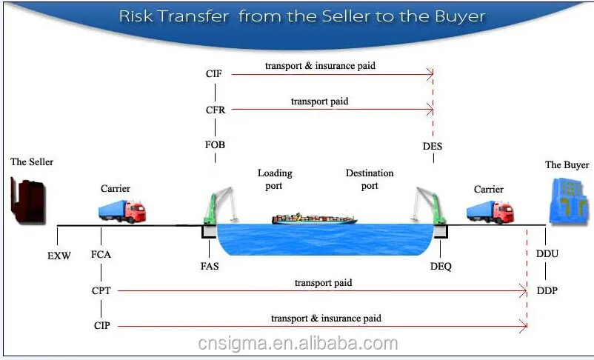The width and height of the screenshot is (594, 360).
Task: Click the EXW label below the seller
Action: pos(59,256)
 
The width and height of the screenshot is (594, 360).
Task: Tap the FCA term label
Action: pos(102,255)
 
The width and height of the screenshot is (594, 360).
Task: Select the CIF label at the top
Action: pos(214,73)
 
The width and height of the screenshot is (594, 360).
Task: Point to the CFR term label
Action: pos(215,110)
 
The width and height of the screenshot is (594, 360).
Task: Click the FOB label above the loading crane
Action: pos(215,146)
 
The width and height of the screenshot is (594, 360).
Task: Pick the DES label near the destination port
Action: pos(433,146)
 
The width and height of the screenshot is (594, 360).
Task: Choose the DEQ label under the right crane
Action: pos(440,265)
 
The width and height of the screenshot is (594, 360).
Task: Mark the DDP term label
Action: pos(547,291)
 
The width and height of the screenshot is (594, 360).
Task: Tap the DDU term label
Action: pos(547,254)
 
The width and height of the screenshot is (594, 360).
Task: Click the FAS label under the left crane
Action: pos(210,265)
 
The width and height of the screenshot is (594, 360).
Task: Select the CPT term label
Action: pos(101,291)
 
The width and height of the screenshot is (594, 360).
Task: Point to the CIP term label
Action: pos(101,325)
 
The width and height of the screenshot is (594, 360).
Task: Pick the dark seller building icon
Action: pos(27,199)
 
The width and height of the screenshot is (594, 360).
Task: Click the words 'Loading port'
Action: pos(275,179)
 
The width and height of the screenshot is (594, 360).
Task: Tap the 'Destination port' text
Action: pos(370,179)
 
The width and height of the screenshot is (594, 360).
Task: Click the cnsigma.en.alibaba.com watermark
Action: pos(298,344)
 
